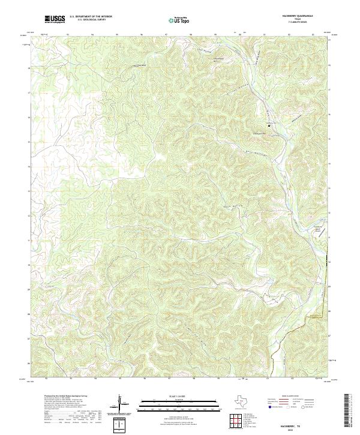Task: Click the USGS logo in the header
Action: [x=55, y=20]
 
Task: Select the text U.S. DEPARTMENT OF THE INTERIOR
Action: [x=91, y=17]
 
